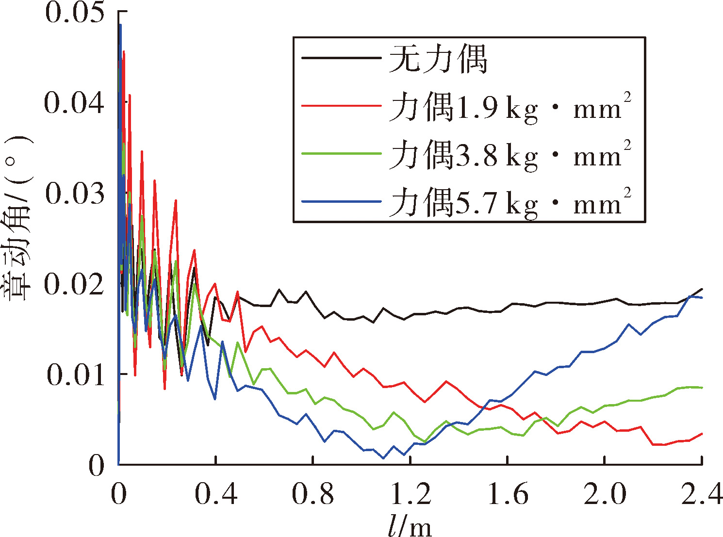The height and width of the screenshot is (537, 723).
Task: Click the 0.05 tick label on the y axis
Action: tap(75, 13)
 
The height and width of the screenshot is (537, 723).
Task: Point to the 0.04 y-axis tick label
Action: tap(74, 103)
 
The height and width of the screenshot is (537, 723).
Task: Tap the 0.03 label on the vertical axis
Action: tap(75, 194)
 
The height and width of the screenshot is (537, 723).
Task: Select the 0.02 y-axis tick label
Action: tap(74, 284)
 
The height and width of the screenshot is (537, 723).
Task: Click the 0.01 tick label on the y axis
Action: tap(75, 374)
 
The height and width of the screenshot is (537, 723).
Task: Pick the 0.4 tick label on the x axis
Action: tap(216, 493)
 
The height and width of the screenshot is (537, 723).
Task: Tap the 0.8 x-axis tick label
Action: tap(313, 493)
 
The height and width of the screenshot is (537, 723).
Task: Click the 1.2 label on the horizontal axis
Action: tap(411, 493)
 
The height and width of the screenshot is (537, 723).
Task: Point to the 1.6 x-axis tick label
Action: tap(508, 493)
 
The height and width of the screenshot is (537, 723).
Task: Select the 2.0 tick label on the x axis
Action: tap(605, 493)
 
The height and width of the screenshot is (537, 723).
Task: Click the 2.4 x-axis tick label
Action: tap(702, 493)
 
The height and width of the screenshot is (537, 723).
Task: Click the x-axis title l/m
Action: tap(410, 525)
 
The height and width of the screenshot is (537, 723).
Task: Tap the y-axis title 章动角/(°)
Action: tap(18, 218)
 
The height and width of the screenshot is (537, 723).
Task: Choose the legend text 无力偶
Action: tap(438, 59)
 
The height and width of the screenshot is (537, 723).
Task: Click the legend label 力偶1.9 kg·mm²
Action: tap(510, 107)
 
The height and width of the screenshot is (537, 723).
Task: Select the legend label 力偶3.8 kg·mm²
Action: tap(510, 155)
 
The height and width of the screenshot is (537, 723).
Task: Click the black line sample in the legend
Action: tap(342, 58)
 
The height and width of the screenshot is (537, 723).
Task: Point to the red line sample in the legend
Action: tap(342, 106)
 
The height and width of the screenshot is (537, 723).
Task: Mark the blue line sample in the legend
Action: tap(342, 201)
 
